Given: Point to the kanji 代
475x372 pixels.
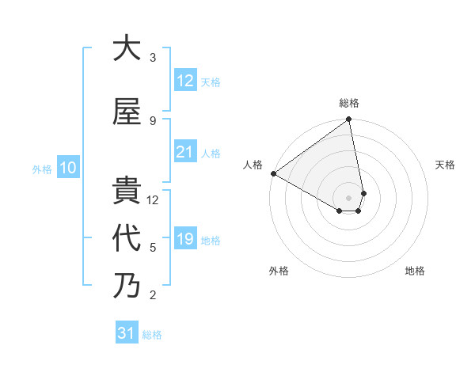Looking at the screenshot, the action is point(127,238).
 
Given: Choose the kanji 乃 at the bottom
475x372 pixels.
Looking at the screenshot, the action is point(127,285).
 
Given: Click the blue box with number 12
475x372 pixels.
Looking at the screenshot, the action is point(185,81).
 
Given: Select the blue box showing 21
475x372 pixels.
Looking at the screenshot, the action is point(185,152).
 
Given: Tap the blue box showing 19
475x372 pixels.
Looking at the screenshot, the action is point(185,239).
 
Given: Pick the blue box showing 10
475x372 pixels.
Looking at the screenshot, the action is point(67,168).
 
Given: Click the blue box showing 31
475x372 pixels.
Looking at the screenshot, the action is point(127,333).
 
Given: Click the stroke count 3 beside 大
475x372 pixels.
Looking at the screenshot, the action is point(153,57).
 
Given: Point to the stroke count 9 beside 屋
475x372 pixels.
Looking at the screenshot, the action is point(153,120).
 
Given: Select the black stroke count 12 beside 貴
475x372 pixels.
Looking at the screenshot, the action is point(154,199).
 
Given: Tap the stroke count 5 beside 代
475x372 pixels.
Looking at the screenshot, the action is point(153,247).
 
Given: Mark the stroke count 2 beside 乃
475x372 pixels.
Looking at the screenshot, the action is point(153,295).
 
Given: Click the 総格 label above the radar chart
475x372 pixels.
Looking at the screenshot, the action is point(349,103).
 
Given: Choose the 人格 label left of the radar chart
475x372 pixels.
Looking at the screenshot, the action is point(253,165).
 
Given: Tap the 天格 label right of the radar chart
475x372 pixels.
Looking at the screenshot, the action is point(445,165).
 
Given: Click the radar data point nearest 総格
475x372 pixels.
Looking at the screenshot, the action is point(349,120).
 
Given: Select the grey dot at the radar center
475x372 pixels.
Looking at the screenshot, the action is point(349,196).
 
